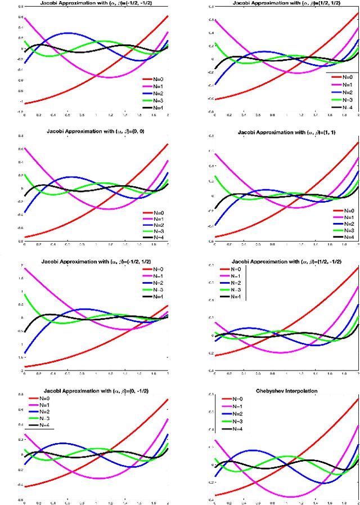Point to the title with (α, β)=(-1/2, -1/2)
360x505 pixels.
tap(96, 3)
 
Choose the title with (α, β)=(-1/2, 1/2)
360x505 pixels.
tap(96, 262)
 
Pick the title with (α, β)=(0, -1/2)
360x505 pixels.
tap(96, 390)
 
